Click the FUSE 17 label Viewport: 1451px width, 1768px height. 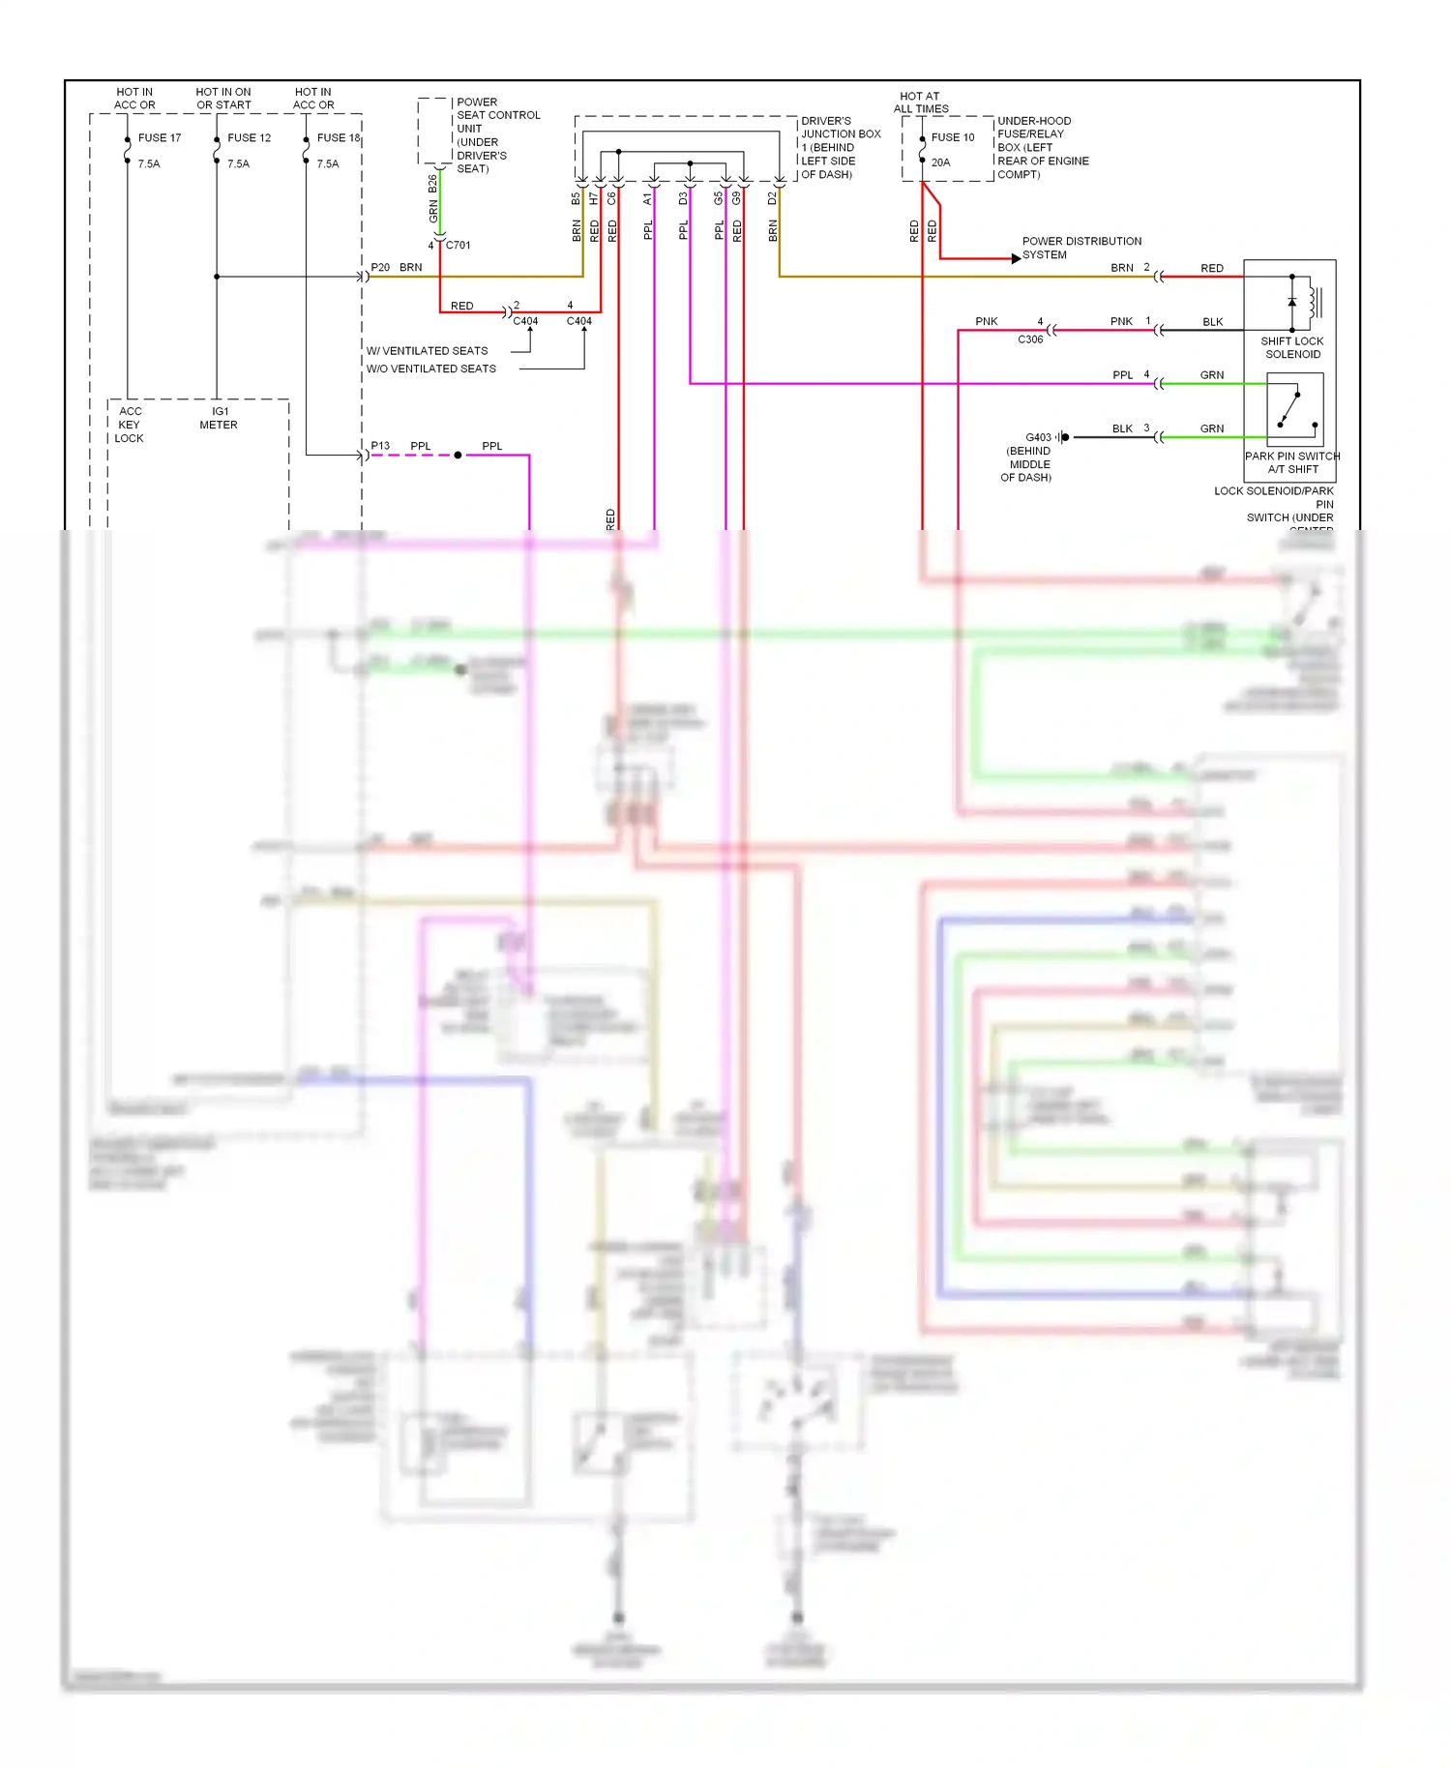pos(159,137)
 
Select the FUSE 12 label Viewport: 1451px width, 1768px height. pos(249,137)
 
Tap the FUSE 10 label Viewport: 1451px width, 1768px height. pos(952,137)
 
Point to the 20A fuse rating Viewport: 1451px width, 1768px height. pos(940,162)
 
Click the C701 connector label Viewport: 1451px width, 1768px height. pos(458,245)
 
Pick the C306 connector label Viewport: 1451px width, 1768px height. pos(1030,339)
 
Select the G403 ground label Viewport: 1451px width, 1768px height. pos(1038,437)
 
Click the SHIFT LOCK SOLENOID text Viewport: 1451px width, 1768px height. pos(1292,347)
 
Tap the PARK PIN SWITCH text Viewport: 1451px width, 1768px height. pos(1292,456)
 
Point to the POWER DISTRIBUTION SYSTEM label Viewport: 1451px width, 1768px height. pos(1081,248)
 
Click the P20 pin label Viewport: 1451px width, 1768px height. pos(380,267)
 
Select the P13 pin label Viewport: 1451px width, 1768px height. pos(380,446)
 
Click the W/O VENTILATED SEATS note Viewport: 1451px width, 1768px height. pos(430,368)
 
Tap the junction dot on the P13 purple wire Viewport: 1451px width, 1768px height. pos(458,455)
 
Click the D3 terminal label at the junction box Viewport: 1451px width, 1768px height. pos(683,198)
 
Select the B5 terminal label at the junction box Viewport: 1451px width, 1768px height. pos(576,198)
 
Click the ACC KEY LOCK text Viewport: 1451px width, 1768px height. pos(129,425)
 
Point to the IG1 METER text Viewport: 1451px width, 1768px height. pos(219,418)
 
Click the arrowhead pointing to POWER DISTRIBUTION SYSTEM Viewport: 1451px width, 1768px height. pos(1015,258)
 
